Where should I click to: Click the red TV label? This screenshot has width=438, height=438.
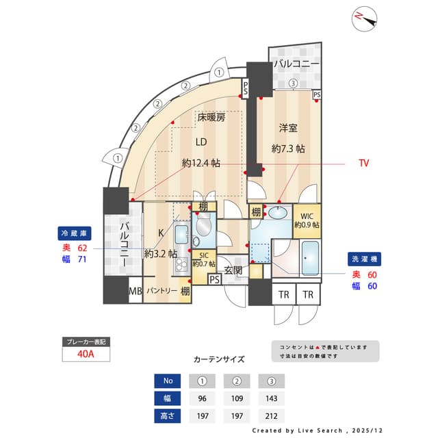click(x=364, y=163)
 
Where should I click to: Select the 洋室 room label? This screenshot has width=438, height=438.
click(x=287, y=128)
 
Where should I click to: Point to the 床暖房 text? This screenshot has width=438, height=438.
click(x=211, y=117)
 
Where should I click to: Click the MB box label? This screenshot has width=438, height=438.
click(x=136, y=291)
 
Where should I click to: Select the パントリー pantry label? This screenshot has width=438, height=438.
click(x=162, y=291)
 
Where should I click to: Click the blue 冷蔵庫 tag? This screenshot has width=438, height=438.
click(x=75, y=233)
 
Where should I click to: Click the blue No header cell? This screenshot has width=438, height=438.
click(x=167, y=381)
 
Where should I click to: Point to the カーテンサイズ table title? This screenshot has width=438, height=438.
click(x=219, y=359)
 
